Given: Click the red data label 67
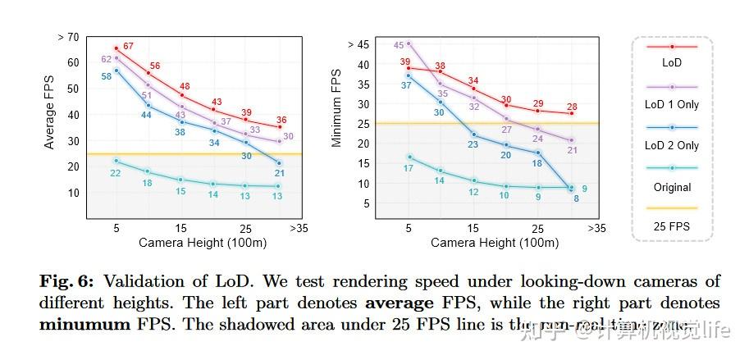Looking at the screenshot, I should pyautogui.click(x=128, y=47).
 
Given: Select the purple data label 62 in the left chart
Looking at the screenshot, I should pyautogui.click(x=106, y=59).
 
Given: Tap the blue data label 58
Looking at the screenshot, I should pyautogui.click(x=106, y=76).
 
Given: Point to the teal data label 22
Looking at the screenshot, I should pyautogui.click(x=115, y=173).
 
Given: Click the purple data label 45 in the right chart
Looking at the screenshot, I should pyautogui.click(x=399, y=45).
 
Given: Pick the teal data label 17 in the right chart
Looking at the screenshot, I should pyautogui.click(x=407, y=168).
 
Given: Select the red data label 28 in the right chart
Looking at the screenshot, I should pyautogui.click(x=572, y=107).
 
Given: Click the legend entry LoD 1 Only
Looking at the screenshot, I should pyautogui.click(x=673, y=104).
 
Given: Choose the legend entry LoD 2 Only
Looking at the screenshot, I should pyautogui.click(x=673, y=145).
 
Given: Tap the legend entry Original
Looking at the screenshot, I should pyautogui.click(x=673, y=187).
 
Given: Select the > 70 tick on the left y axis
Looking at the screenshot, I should pyautogui.click(x=68, y=37).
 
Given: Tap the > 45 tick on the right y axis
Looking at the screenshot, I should pyautogui.click(x=359, y=44).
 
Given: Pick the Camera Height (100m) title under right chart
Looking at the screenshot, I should pyautogui.click(x=483, y=243).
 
